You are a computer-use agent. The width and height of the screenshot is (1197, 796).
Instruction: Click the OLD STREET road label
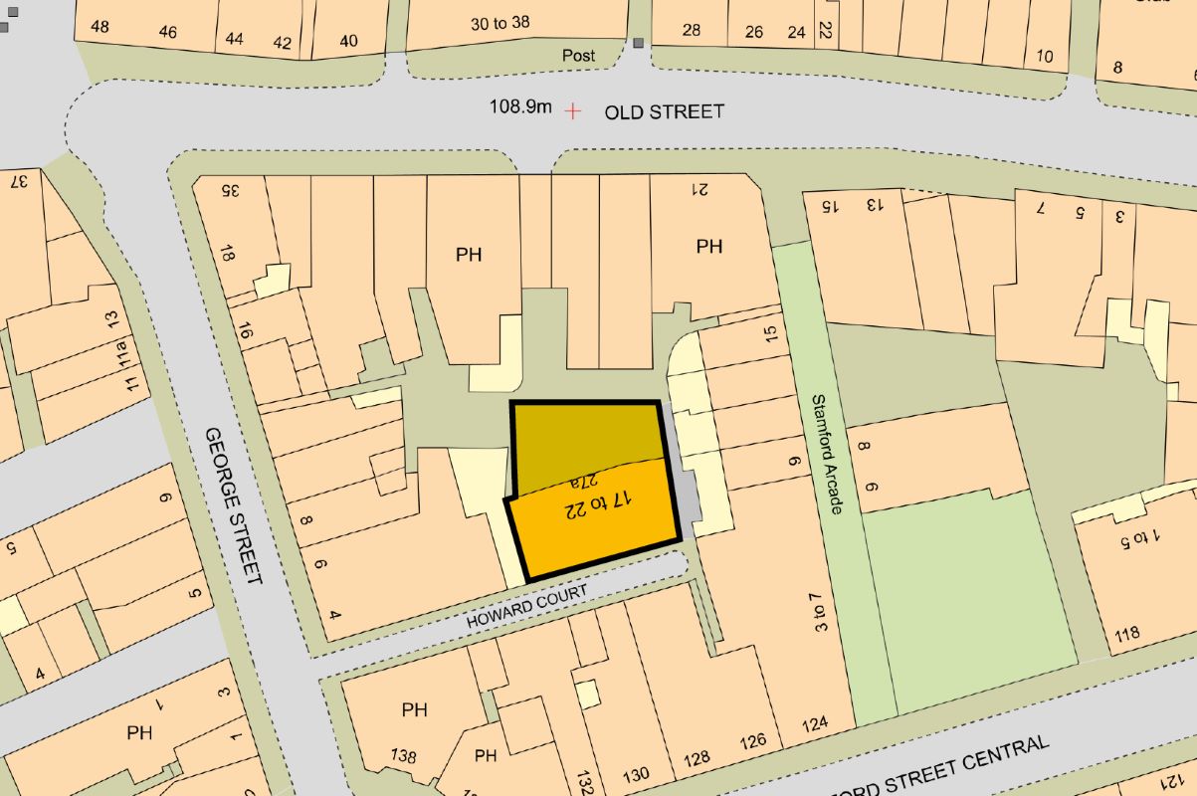(x=664, y=111)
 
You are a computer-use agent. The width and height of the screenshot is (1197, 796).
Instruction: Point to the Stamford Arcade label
(x=828, y=454)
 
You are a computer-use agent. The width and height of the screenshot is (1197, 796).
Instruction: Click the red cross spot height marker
(x=572, y=111)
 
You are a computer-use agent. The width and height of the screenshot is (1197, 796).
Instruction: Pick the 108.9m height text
(x=519, y=106)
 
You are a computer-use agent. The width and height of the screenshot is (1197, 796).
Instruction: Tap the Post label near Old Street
(x=578, y=56)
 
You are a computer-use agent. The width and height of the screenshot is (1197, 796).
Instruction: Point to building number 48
(x=100, y=27)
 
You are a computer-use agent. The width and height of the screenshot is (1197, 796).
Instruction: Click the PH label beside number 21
(x=708, y=246)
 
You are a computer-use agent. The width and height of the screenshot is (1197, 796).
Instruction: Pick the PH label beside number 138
(x=415, y=709)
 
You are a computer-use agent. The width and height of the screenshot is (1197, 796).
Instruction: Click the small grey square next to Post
(x=638, y=44)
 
